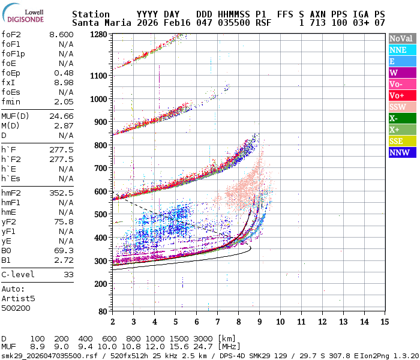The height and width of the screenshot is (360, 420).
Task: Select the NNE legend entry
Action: point(402,50)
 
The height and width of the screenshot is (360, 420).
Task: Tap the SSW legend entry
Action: point(402,107)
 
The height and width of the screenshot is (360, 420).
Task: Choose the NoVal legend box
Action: point(402,38)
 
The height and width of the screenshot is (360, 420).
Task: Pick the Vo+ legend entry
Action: point(402,95)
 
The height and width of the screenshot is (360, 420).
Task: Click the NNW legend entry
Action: point(402,152)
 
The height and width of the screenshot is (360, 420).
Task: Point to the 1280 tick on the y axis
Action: point(98,34)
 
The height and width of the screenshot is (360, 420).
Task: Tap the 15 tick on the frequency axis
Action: point(384,321)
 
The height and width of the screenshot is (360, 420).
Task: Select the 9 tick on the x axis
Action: point(259,321)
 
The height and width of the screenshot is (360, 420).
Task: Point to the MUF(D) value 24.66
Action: point(61,116)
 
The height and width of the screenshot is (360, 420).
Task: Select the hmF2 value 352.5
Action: point(61,193)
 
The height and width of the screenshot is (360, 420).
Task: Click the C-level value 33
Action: point(68,274)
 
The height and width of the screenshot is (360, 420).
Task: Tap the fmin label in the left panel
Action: point(11,101)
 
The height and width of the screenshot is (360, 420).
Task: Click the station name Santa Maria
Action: point(100,23)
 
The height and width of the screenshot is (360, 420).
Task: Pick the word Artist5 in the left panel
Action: point(18,298)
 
